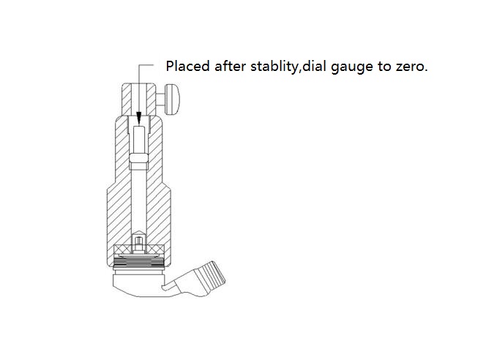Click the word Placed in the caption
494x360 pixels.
[188, 66]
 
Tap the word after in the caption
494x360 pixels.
[230, 66]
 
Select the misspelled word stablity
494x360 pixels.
[274, 67]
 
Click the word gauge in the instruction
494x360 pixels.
[352, 68]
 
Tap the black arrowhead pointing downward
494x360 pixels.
[138, 119]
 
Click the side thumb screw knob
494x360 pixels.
[172, 100]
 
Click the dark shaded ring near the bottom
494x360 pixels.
[138, 261]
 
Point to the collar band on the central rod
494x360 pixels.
[138, 158]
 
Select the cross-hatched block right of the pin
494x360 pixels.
[155, 249]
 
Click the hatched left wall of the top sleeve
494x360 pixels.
[127, 100]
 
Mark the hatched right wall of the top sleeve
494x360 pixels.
[151, 100]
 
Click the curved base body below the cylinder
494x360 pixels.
[138, 285]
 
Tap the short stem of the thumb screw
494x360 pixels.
[161, 100]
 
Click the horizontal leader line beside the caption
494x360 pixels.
[146, 65]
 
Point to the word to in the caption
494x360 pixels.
[384, 67]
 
